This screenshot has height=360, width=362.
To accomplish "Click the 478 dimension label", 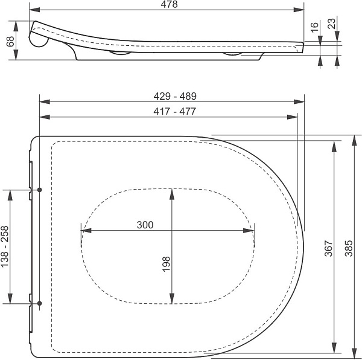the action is [x=169, y=4].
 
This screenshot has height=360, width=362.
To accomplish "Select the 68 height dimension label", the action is [x=11, y=41].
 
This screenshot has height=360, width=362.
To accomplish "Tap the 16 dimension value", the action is [x=314, y=27].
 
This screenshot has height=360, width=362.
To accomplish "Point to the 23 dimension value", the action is [x=332, y=24].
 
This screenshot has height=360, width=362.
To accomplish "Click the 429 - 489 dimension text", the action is [x=175, y=96].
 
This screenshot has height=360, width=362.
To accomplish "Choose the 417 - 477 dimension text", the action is [x=175, y=111].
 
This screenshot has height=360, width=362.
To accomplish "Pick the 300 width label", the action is [x=145, y=225].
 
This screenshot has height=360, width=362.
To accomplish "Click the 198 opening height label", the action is [x=166, y=264].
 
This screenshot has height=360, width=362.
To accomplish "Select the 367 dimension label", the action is [x=329, y=249].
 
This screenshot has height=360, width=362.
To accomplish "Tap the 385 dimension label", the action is [x=349, y=248].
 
